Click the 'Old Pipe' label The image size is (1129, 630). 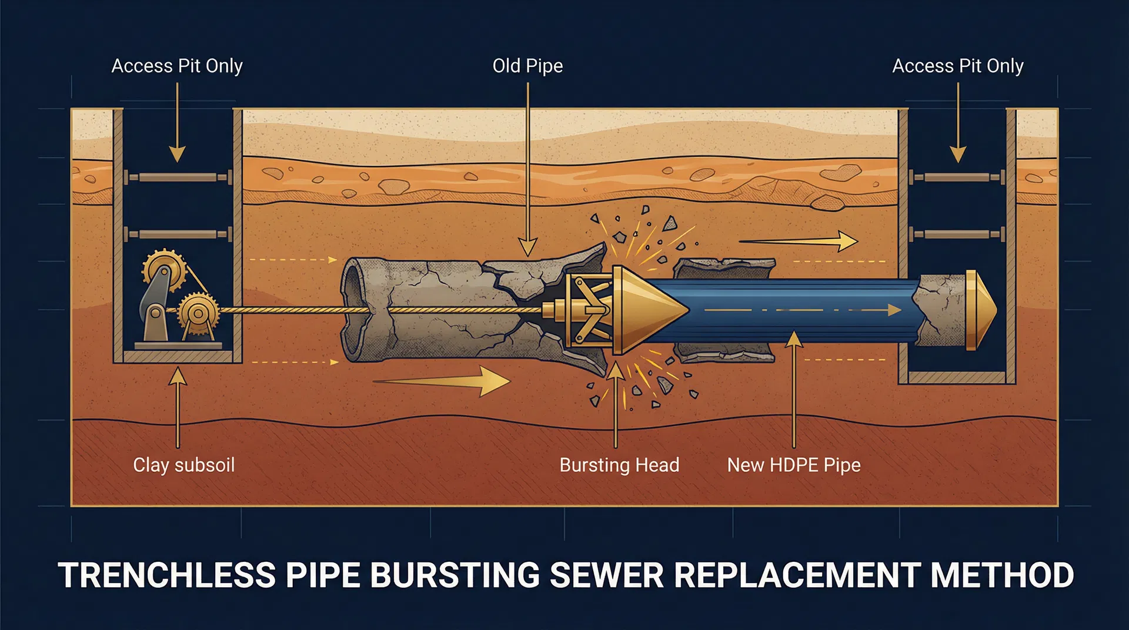[x=527, y=66]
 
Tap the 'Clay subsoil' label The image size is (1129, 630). [x=183, y=465]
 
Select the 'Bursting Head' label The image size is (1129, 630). [x=619, y=465]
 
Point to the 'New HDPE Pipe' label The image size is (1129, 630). [x=793, y=465]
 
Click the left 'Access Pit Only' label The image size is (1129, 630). [x=177, y=66]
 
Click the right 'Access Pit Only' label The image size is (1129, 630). [x=957, y=66]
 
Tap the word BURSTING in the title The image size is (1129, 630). [x=455, y=575]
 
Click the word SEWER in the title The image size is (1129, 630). [x=606, y=575]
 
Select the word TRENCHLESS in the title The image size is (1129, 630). [x=166, y=575]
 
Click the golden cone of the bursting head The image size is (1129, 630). [x=650, y=310]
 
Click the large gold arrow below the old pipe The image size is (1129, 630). [x=447, y=381]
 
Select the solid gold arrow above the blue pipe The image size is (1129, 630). [x=800, y=241]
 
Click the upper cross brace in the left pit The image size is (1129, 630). [x=178, y=177]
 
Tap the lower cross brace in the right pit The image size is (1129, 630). [x=957, y=234]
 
